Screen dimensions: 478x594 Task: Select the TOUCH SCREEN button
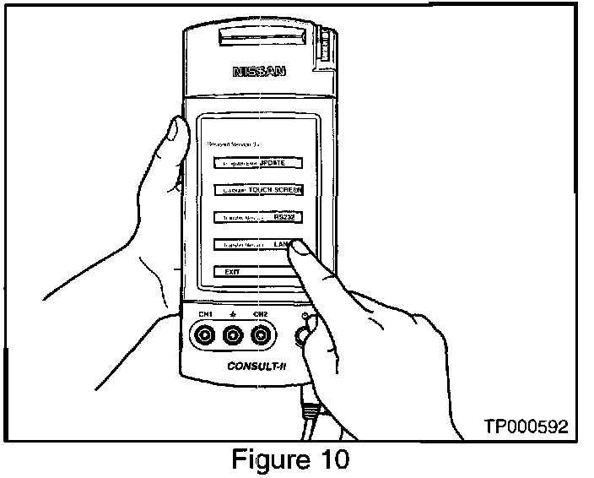point(256,189)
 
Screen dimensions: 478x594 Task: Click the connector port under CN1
point(204,337)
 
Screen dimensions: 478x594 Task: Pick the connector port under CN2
point(262,337)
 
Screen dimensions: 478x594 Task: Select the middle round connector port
point(233,337)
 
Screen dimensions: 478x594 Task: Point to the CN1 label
point(204,315)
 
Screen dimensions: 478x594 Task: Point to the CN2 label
point(262,315)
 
